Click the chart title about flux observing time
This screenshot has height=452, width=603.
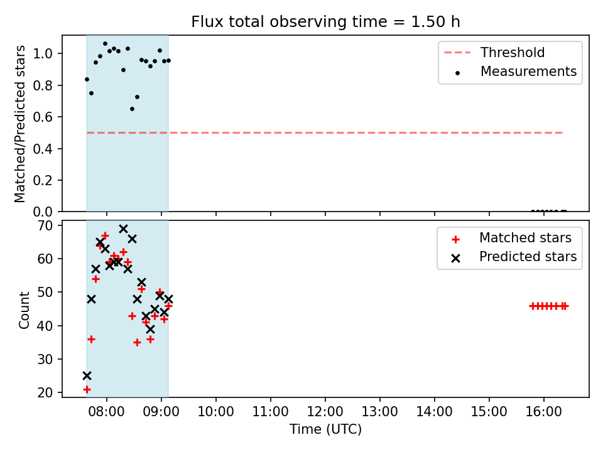(x=325, y=22)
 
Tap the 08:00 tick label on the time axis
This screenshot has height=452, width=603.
(x=107, y=412)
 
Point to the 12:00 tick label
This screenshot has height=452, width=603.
(x=325, y=412)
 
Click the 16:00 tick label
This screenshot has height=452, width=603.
(x=543, y=412)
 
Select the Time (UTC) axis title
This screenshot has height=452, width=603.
(x=325, y=429)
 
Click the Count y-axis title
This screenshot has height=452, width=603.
(x=24, y=309)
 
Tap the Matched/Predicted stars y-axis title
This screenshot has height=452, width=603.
(x=19, y=124)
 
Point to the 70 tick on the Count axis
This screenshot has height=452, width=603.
(x=45, y=225)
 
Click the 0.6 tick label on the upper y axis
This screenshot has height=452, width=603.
(x=43, y=117)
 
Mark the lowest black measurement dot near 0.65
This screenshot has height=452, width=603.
(x=132, y=109)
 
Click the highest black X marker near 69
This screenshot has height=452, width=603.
(x=123, y=229)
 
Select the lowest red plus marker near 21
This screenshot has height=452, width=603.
(x=87, y=389)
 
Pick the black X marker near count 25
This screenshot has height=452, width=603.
(x=87, y=375)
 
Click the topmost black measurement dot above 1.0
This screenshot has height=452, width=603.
(x=105, y=43)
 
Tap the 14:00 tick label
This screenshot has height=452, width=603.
(x=434, y=412)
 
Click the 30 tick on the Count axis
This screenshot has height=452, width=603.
(x=45, y=359)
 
